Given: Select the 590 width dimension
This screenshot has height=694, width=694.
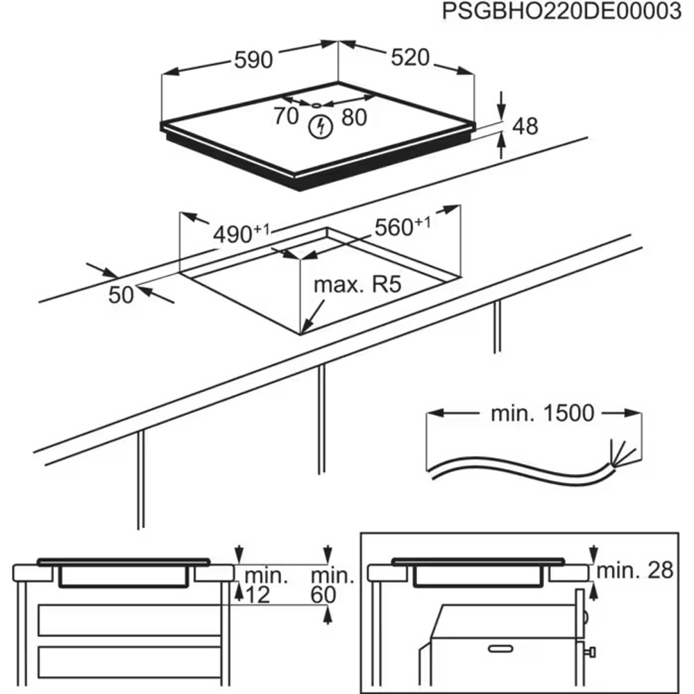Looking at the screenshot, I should tap(253, 60).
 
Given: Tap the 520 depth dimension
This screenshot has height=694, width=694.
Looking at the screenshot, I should tap(410, 58).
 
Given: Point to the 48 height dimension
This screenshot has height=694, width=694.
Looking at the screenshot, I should tap(525, 126).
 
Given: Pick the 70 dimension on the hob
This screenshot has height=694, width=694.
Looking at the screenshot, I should tap(285, 117).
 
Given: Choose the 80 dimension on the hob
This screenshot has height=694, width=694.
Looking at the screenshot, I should tap(353, 118).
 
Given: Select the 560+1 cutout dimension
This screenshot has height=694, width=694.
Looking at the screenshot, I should tap(402, 227).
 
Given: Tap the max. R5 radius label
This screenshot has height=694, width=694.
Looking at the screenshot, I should tap(357, 285).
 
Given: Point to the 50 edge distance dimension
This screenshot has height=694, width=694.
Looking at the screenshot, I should tap(121, 295).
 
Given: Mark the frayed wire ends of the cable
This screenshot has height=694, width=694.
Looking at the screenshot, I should tap(620, 455).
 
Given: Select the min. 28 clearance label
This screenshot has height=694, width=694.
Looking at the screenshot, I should tap(635, 570).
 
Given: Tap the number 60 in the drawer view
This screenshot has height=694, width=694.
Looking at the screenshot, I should tap(324, 595).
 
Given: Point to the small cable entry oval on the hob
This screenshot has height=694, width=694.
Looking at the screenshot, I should tap(316, 105).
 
